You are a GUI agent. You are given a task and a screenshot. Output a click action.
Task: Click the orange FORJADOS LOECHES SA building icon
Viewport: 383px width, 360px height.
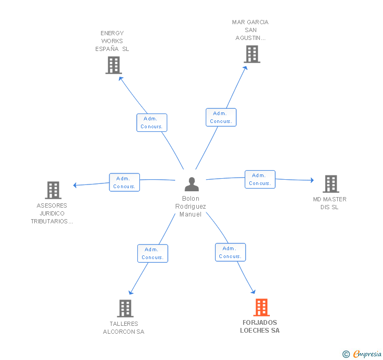pos(261,307)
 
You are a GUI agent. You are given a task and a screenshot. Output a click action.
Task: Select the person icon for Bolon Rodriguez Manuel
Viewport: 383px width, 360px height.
pos(191,184)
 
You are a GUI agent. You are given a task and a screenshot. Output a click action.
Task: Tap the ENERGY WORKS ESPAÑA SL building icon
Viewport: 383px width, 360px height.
pos(114,65)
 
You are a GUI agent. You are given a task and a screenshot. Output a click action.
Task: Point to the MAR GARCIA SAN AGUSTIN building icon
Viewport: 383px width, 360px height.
pos(252,54)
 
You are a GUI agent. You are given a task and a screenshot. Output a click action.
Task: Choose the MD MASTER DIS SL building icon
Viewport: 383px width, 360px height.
pos(331,184)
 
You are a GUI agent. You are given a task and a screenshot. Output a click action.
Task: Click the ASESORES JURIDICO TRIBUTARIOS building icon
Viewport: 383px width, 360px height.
pos(53,190)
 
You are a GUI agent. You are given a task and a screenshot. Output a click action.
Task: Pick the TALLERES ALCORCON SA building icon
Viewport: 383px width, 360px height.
pos(125,308)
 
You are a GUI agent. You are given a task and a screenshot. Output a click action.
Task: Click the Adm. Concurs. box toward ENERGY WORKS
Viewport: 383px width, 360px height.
pos(152,122)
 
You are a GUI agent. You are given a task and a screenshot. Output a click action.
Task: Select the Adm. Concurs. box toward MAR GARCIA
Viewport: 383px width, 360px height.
pos(221,117)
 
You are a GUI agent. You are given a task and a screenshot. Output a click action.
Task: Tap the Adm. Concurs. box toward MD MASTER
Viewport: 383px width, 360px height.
pos(260,179)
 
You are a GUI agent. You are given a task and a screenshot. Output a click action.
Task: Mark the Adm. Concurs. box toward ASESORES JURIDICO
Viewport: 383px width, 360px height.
pos(124,182)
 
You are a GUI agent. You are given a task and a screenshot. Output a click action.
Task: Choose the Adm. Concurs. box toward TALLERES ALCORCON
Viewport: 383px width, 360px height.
pos(153,253)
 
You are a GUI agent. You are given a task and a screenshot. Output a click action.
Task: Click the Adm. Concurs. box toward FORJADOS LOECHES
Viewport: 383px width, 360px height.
pos(230,252)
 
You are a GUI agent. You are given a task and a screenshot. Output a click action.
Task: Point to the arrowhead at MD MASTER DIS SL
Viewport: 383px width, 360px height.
pos(312,180)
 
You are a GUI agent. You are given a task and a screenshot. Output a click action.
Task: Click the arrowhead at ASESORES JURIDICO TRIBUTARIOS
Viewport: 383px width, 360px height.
pos(75,185)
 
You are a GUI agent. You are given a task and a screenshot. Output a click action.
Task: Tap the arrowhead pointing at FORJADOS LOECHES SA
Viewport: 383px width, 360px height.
pos(254,292)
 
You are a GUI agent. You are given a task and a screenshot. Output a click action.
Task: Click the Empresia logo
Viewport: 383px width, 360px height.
pos(361,354)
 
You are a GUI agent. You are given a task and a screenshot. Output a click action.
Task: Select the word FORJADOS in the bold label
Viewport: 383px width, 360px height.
pos(260,322)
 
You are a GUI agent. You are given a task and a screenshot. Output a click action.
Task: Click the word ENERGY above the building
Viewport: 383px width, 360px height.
pos(112,33)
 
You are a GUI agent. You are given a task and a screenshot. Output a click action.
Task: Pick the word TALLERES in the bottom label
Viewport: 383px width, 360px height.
pos(124,324)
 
